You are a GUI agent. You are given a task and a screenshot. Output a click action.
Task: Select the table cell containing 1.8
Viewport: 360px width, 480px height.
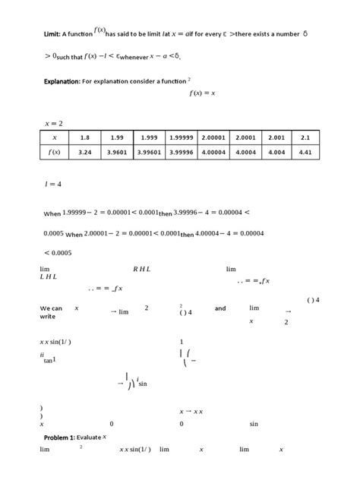(84, 137)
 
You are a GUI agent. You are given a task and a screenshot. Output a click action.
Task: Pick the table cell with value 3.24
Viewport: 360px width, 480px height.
(84, 152)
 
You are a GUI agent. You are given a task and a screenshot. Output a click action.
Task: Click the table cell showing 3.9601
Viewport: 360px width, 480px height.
(116, 152)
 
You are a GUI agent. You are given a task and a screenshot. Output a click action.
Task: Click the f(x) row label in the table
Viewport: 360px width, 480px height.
(54, 152)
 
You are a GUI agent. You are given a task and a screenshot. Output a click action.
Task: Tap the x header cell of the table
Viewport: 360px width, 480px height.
(54, 137)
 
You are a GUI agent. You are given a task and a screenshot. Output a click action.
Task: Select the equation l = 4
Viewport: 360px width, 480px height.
(52, 184)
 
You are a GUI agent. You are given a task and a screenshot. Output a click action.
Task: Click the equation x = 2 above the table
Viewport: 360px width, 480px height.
(52, 122)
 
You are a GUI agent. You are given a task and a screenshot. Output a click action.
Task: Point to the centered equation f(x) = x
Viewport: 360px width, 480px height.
(203, 93)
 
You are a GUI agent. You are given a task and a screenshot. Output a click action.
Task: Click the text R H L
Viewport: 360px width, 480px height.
(142, 269)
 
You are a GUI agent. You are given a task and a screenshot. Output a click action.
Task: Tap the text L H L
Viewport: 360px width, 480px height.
(48, 277)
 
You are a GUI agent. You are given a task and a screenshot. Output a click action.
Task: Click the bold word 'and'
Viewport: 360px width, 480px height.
(220, 308)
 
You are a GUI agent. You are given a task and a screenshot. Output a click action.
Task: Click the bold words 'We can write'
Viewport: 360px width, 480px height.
(52, 312)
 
